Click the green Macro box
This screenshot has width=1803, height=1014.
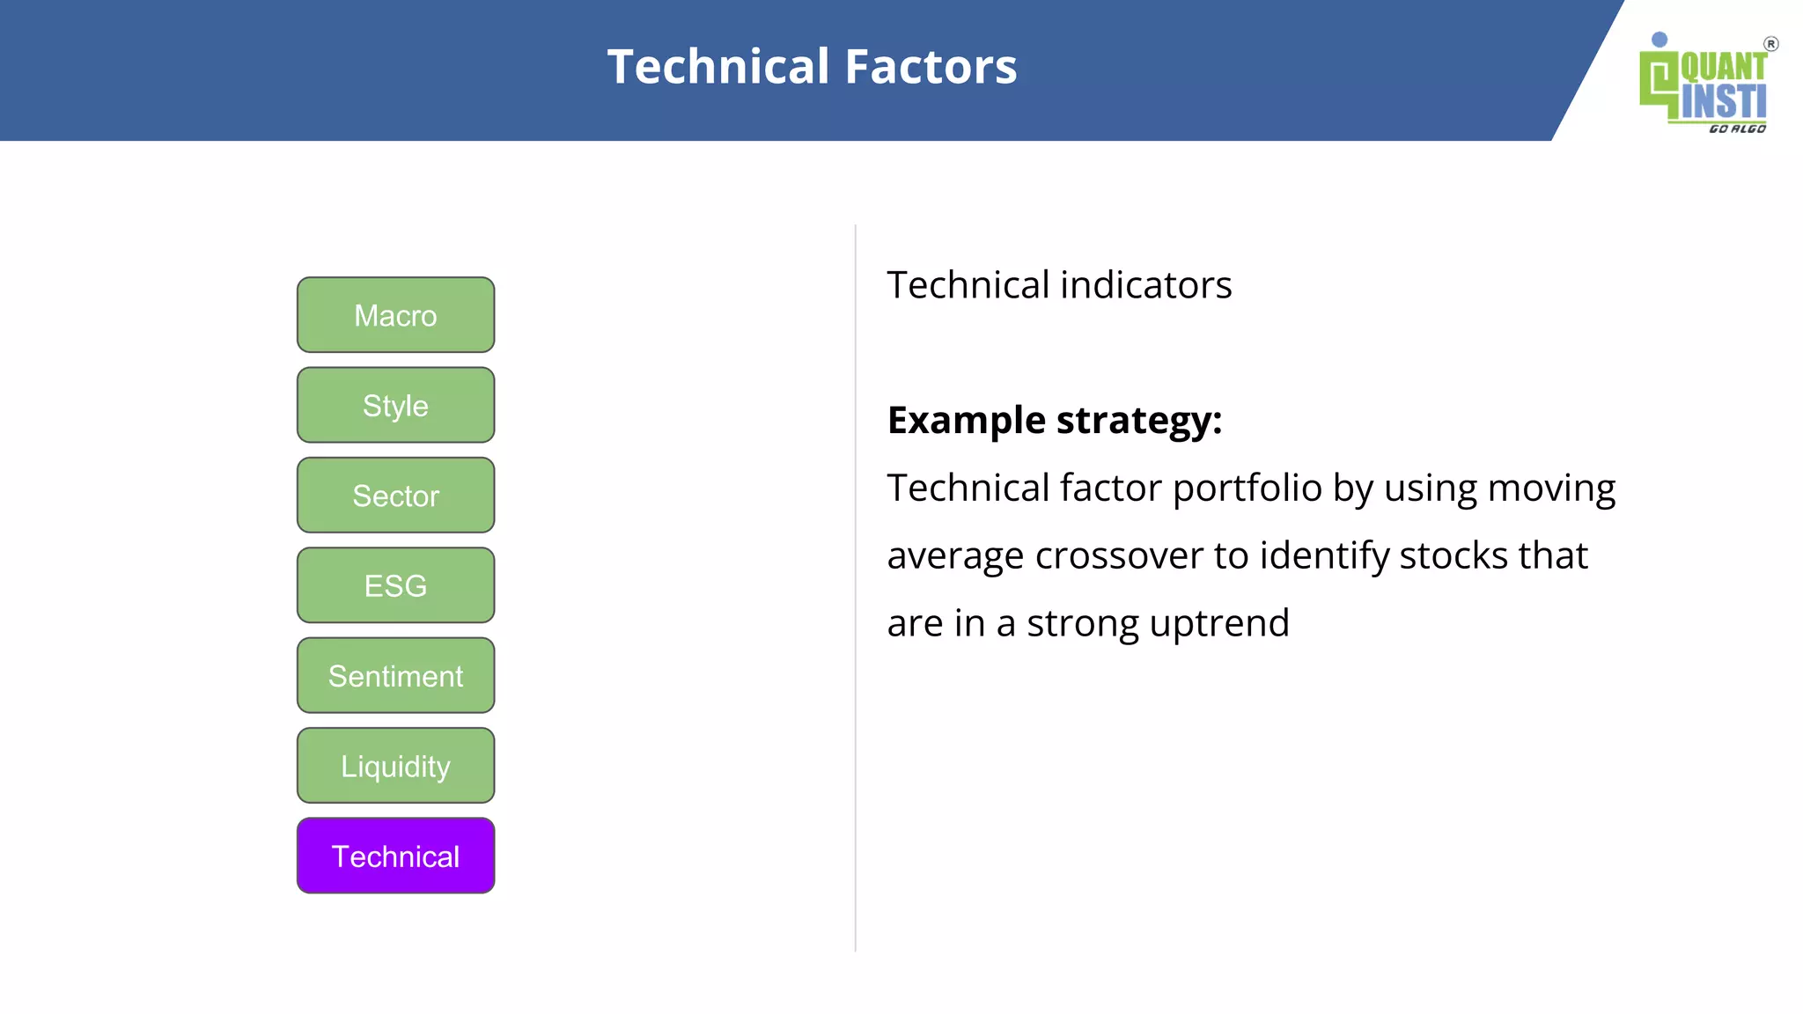coord(395,315)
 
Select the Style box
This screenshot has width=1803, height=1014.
coord(395,406)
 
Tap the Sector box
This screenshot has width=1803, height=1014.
coord(395,496)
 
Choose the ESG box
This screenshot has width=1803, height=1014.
coord(395,585)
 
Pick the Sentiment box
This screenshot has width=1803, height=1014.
coord(395,676)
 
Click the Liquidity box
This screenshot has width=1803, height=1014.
coord(395,766)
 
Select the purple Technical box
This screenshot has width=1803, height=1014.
coord(395,856)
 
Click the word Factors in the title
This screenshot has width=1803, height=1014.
coord(931,67)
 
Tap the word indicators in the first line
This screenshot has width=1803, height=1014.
coord(1146,285)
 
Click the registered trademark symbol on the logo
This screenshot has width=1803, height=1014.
coord(1770,44)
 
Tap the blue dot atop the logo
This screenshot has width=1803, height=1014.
coord(1659,40)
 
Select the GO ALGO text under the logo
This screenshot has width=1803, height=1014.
coord(1737,129)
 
